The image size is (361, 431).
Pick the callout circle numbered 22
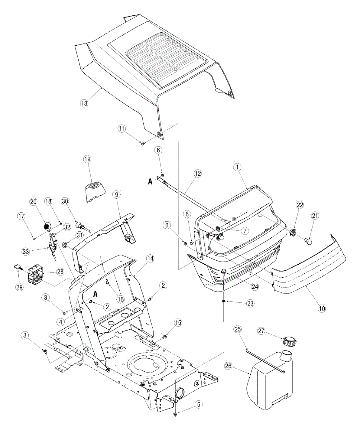[300, 205]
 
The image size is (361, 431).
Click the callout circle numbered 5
[198, 404]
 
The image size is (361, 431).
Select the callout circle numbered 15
[178, 323]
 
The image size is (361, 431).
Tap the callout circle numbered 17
[22, 216]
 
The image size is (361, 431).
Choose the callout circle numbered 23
[250, 303]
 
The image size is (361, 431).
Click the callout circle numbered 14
[149, 258]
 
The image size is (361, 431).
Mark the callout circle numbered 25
[237, 329]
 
